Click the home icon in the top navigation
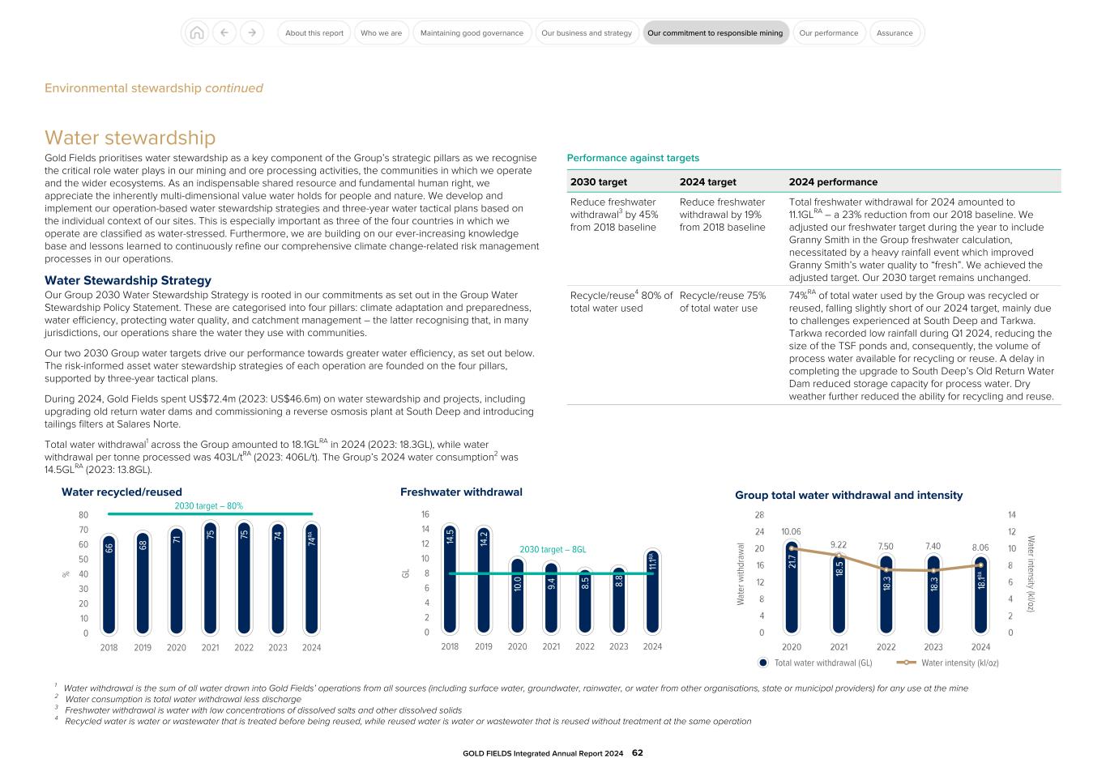(196, 33)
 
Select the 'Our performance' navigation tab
(828, 33)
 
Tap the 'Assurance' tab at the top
(895, 33)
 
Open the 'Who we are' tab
(381, 33)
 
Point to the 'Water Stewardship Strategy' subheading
(127, 280)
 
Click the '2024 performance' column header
(833, 181)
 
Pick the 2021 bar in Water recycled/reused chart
(210, 578)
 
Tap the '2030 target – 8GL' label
(553, 549)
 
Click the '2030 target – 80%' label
(208, 505)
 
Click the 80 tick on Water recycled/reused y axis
(83, 514)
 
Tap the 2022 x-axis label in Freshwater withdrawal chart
(585, 646)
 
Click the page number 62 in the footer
(637, 752)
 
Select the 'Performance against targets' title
(633, 158)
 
